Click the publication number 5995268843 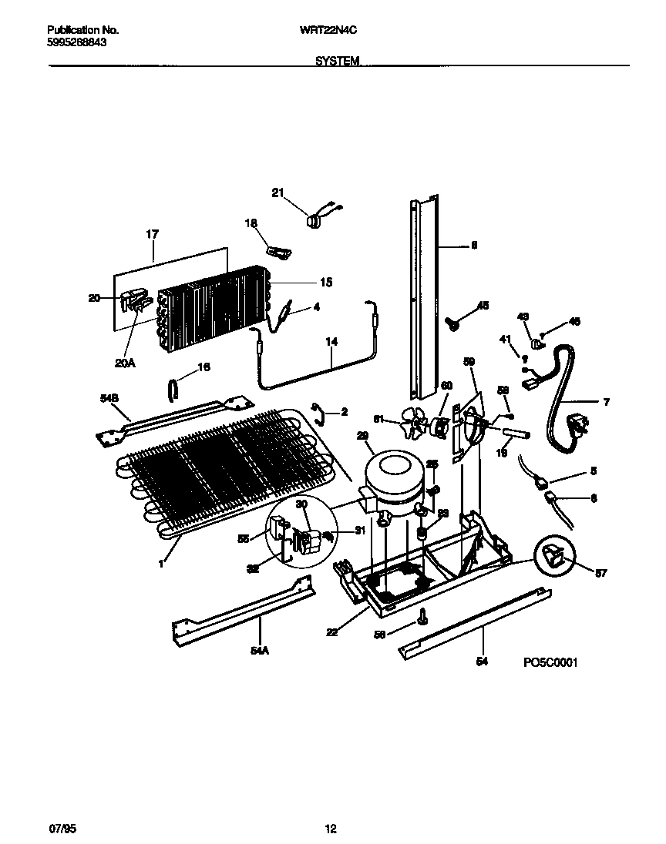(76, 43)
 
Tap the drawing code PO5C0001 (550, 661)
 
